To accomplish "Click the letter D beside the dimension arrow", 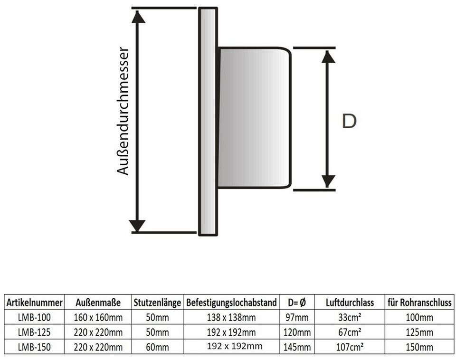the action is point(349,121).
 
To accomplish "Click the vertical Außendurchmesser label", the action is point(123,111).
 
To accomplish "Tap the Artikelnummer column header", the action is point(34,302).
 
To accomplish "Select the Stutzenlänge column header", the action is point(157,302).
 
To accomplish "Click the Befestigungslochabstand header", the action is point(231,302).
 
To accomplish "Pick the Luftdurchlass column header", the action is point(350,302).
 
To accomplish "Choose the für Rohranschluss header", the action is point(419,302).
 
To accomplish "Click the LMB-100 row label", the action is point(34,317).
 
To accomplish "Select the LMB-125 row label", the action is point(34,332).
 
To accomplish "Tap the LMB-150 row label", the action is point(34,347).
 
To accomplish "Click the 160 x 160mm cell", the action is point(98,317).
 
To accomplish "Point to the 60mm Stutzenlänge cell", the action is point(157,347).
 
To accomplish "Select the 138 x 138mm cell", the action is point(231,317).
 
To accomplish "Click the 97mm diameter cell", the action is point(297,317).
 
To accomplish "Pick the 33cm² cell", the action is point(350,317).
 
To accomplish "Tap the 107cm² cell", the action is point(350,347).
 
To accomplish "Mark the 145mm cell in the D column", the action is point(297,347).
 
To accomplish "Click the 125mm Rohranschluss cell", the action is point(419,332).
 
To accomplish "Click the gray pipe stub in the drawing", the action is point(254,118).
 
